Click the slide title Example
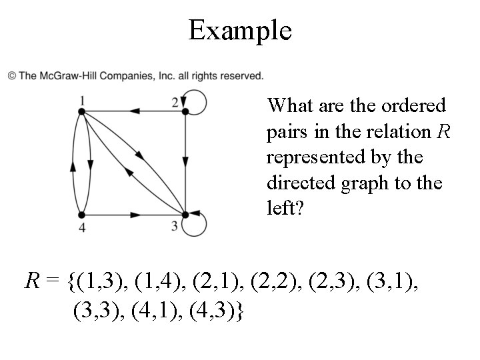tap(240, 30)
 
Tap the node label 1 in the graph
tap(81, 101)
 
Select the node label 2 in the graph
tap(175, 102)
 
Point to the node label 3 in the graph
tap(175, 225)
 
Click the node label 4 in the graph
tap(81, 228)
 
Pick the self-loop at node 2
tap(196, 102)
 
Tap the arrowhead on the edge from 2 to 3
tap(184, 162)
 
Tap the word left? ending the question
tap(285, 208)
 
